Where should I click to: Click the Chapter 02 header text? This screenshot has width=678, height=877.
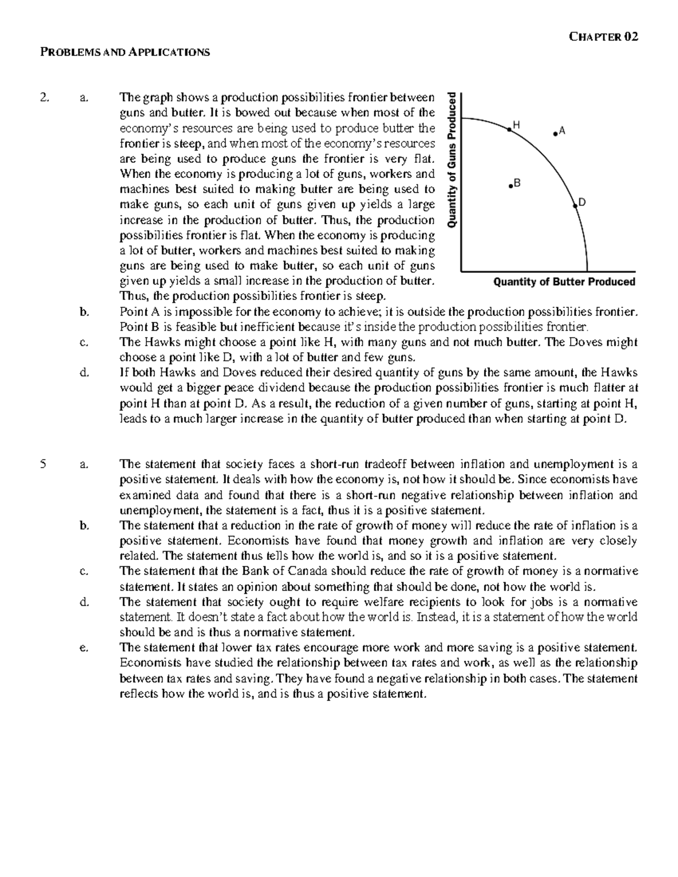[603, 37]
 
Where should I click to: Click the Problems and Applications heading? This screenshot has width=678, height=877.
[124, 53]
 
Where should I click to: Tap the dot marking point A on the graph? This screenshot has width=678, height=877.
[555, 133]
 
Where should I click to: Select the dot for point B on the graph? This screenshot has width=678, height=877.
[510, 185]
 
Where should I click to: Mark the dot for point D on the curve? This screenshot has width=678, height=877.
[575, 206]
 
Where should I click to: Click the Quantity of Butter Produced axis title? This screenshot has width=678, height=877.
[564, 282]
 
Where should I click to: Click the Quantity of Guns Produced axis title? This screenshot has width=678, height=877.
[452, 160]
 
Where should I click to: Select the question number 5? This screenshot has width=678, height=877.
[43, 465]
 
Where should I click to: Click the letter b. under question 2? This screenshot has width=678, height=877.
[85, 311]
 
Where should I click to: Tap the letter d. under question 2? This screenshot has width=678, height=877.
[85, 373]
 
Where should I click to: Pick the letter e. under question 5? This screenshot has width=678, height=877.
[85, 648]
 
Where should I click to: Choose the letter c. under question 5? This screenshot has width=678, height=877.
[85, 571]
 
